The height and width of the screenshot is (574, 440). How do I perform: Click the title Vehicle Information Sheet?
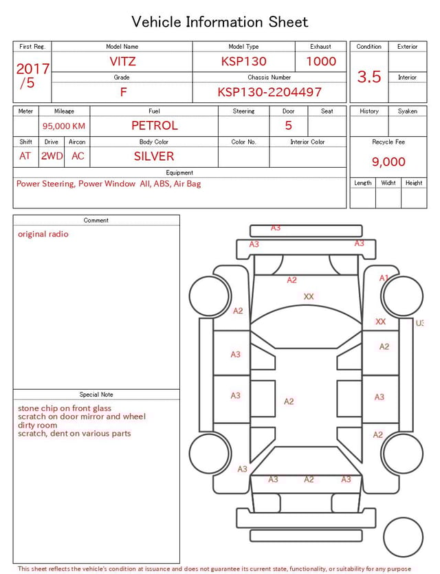click(220, 22)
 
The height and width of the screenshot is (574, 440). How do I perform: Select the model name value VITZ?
click(122, 61)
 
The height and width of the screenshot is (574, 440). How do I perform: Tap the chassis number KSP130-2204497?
click(269, 92)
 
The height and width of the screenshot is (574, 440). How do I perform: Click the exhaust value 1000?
click(321, 61)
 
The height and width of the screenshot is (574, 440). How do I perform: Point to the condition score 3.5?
click(369, 77)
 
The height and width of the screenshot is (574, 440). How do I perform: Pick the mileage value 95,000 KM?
click(64, 126)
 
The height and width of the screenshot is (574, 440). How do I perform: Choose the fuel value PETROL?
click(154, 126)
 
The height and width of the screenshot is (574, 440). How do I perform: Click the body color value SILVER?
click(154, 156)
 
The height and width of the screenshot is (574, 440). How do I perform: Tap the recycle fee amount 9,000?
click(388, 162)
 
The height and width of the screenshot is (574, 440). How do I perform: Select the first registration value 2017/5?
click(32, 76)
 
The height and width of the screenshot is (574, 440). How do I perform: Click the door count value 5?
click(288, 126)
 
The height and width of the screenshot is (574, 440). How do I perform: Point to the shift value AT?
click(25, 156)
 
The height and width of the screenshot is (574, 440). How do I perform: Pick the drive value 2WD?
click(52, 156)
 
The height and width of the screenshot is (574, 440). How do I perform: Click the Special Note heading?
click(96, 395)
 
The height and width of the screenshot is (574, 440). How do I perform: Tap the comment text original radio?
click(43, 234)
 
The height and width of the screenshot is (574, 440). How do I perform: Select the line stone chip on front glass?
click(65, 408)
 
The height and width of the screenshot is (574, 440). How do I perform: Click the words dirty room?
click(38, 425)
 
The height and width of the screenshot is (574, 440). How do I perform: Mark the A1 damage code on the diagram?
click(384, 278)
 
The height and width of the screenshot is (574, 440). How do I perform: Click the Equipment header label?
click(179, 173)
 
